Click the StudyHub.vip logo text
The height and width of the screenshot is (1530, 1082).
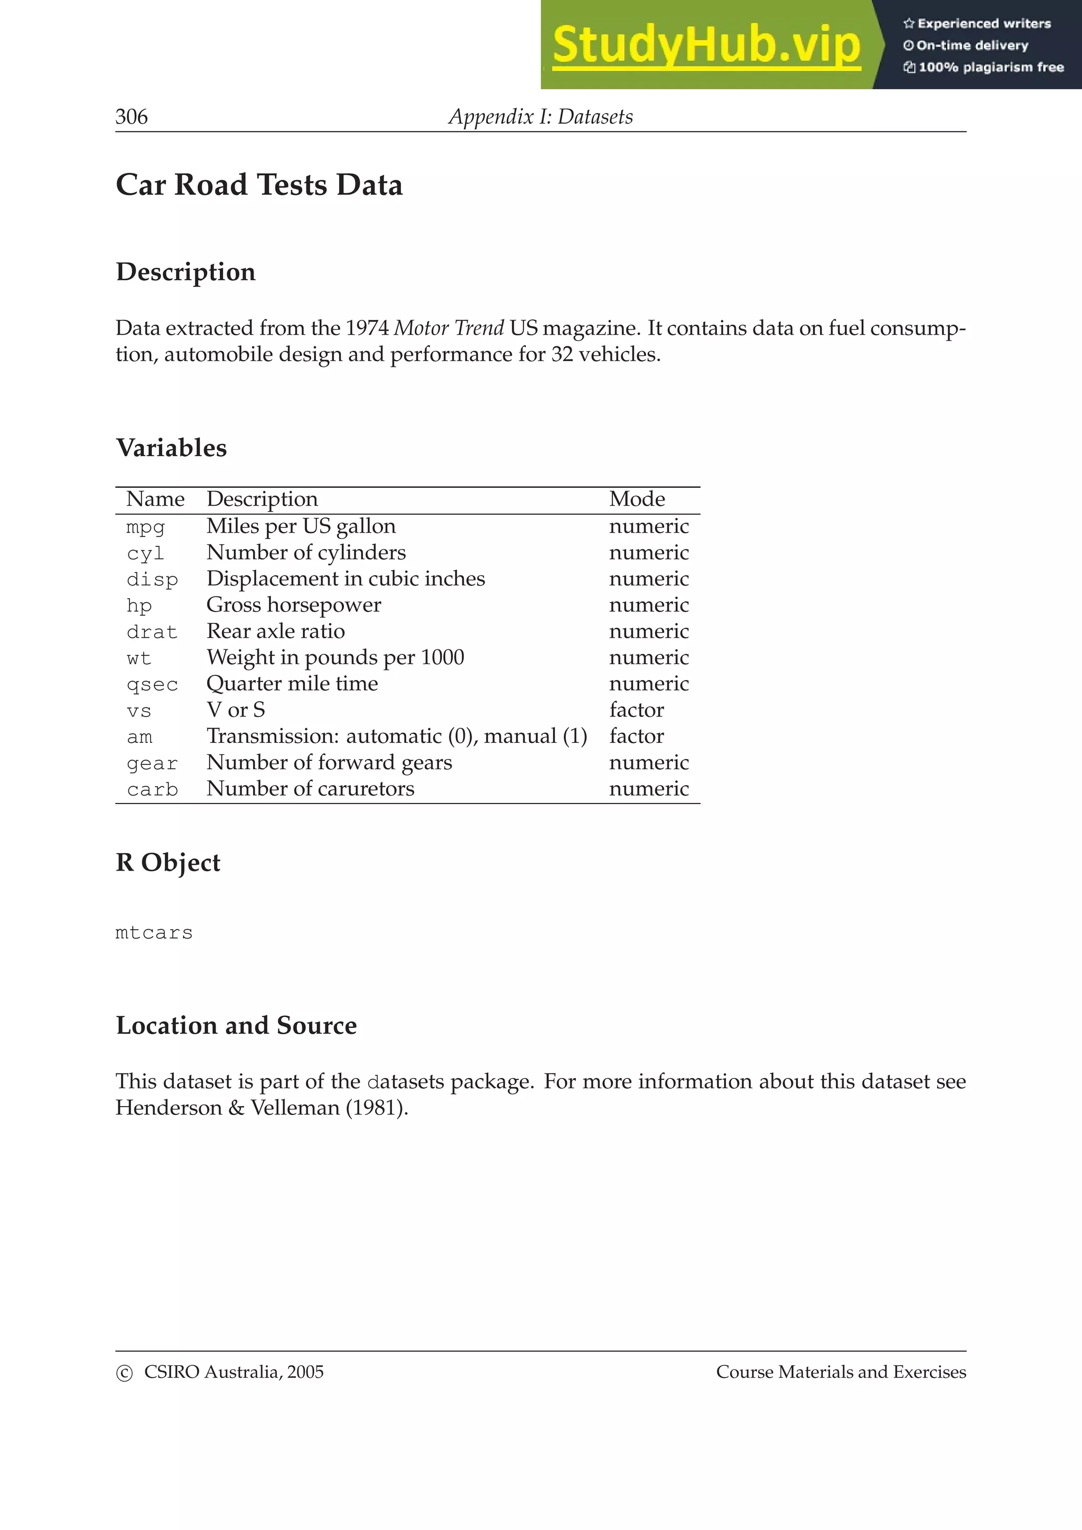point(706,45)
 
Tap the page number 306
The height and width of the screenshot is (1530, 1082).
point(132,117)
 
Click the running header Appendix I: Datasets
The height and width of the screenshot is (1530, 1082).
point(540,117)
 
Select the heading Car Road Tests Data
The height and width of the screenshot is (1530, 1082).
point(259,185)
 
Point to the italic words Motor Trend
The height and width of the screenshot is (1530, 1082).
point(449,328)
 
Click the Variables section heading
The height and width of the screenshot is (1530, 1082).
point(171,448)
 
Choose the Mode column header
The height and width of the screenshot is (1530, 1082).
point(637,499)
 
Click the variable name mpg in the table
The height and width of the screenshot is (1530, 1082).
point(145,527)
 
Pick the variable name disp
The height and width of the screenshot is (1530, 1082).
point(152,579)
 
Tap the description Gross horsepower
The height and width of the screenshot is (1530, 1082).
point(293,605)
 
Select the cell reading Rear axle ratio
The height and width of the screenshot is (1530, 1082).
point(275,631)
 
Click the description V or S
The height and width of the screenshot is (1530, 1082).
point(235,710)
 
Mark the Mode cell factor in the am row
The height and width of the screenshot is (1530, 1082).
point(636,736)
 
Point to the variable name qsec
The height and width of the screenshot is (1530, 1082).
point(152,684)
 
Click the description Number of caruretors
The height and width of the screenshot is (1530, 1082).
point(310,789)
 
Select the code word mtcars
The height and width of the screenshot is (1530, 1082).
point(154,932)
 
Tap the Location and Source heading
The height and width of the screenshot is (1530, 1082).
point(236,1026)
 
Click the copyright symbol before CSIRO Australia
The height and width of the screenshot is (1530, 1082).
point(125,1373)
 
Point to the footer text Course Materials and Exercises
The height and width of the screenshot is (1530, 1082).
point(841,1372)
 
